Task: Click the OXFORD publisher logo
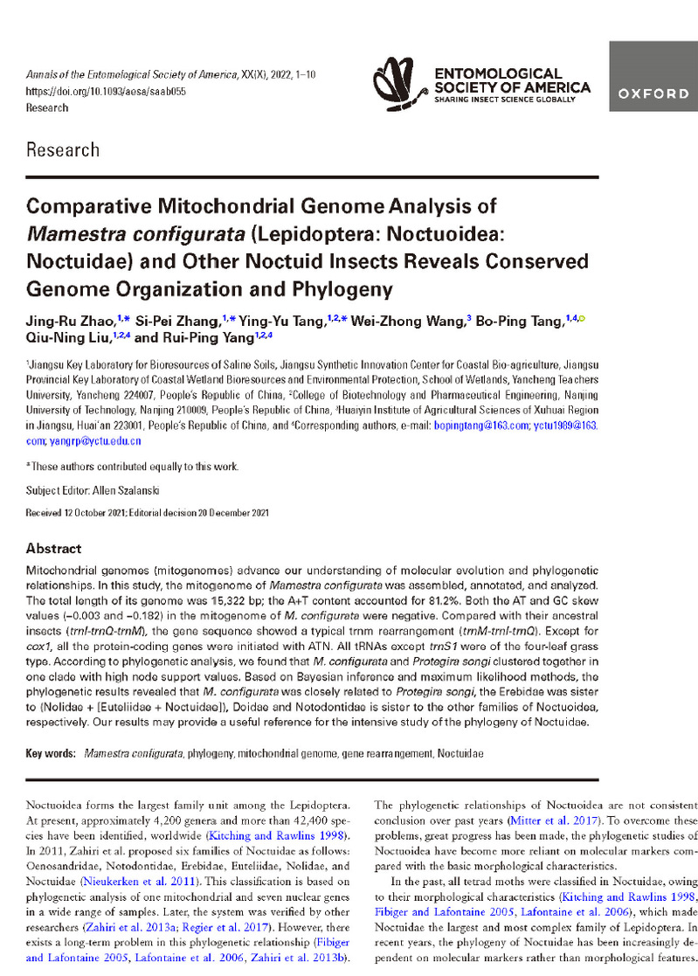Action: click(x=653, y=93)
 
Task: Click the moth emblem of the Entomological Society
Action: click(x=399, y=85)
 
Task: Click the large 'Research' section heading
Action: click(x=63, y=149)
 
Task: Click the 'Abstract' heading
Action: click(x=54, y=549)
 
